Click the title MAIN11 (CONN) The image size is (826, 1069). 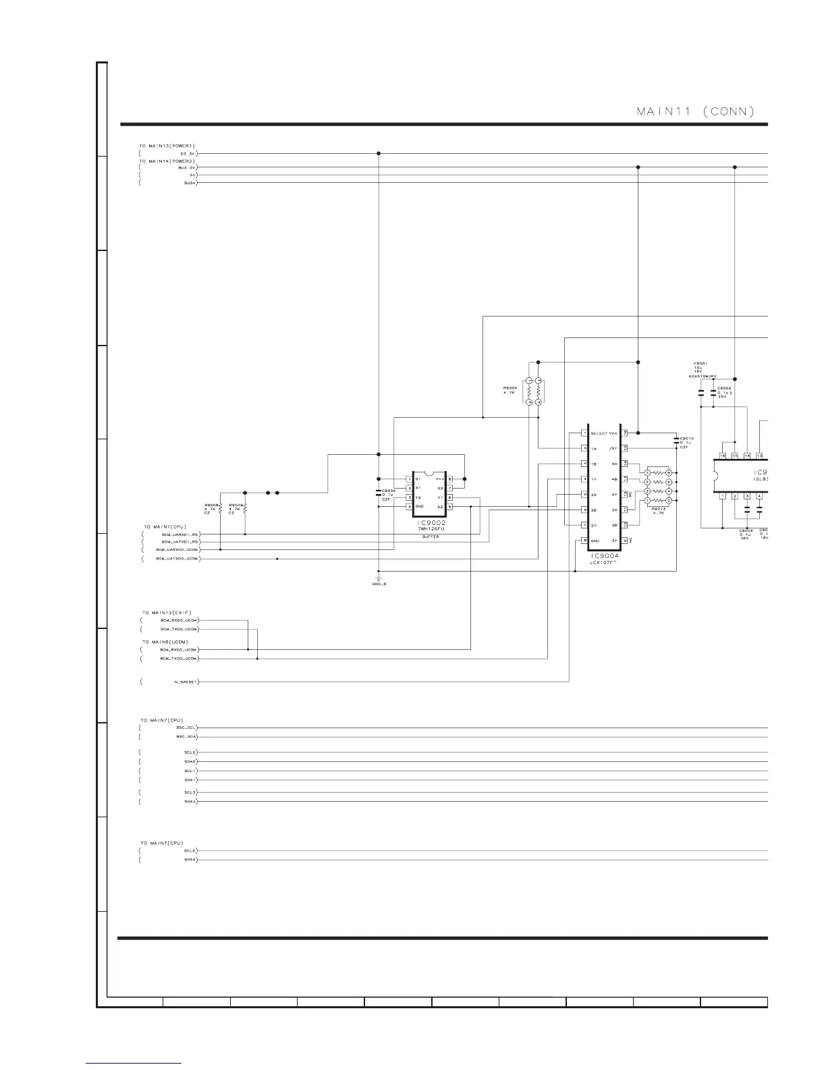(x=695, y=111)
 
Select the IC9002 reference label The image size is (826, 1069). (x=431, y=523)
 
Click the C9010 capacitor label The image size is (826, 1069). (x=686, y=439)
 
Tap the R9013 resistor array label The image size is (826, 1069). (x=658, y=510)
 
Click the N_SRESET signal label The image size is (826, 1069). (x=186, y=682)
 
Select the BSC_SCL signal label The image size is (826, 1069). (x=186, y=728)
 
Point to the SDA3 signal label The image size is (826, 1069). (x=190, y=802)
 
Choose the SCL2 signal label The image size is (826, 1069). (x=190, y=851)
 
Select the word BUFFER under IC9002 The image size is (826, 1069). (x=431, y=537)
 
